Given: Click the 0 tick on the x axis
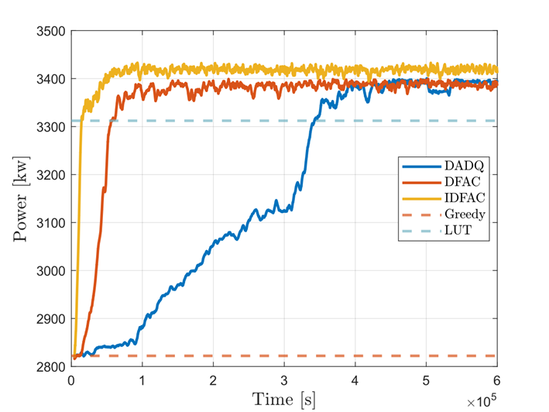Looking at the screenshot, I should [x=72, y=381].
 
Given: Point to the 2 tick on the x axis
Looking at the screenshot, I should [x=213, y=381].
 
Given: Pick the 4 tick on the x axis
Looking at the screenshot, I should [x=355, y=381].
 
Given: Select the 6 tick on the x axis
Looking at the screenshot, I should [x=496, y=381].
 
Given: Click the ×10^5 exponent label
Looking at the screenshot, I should [x=480, y=401].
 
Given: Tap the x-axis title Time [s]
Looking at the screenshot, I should [x=283, y=400].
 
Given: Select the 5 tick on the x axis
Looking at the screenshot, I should [x=426, y=381].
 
